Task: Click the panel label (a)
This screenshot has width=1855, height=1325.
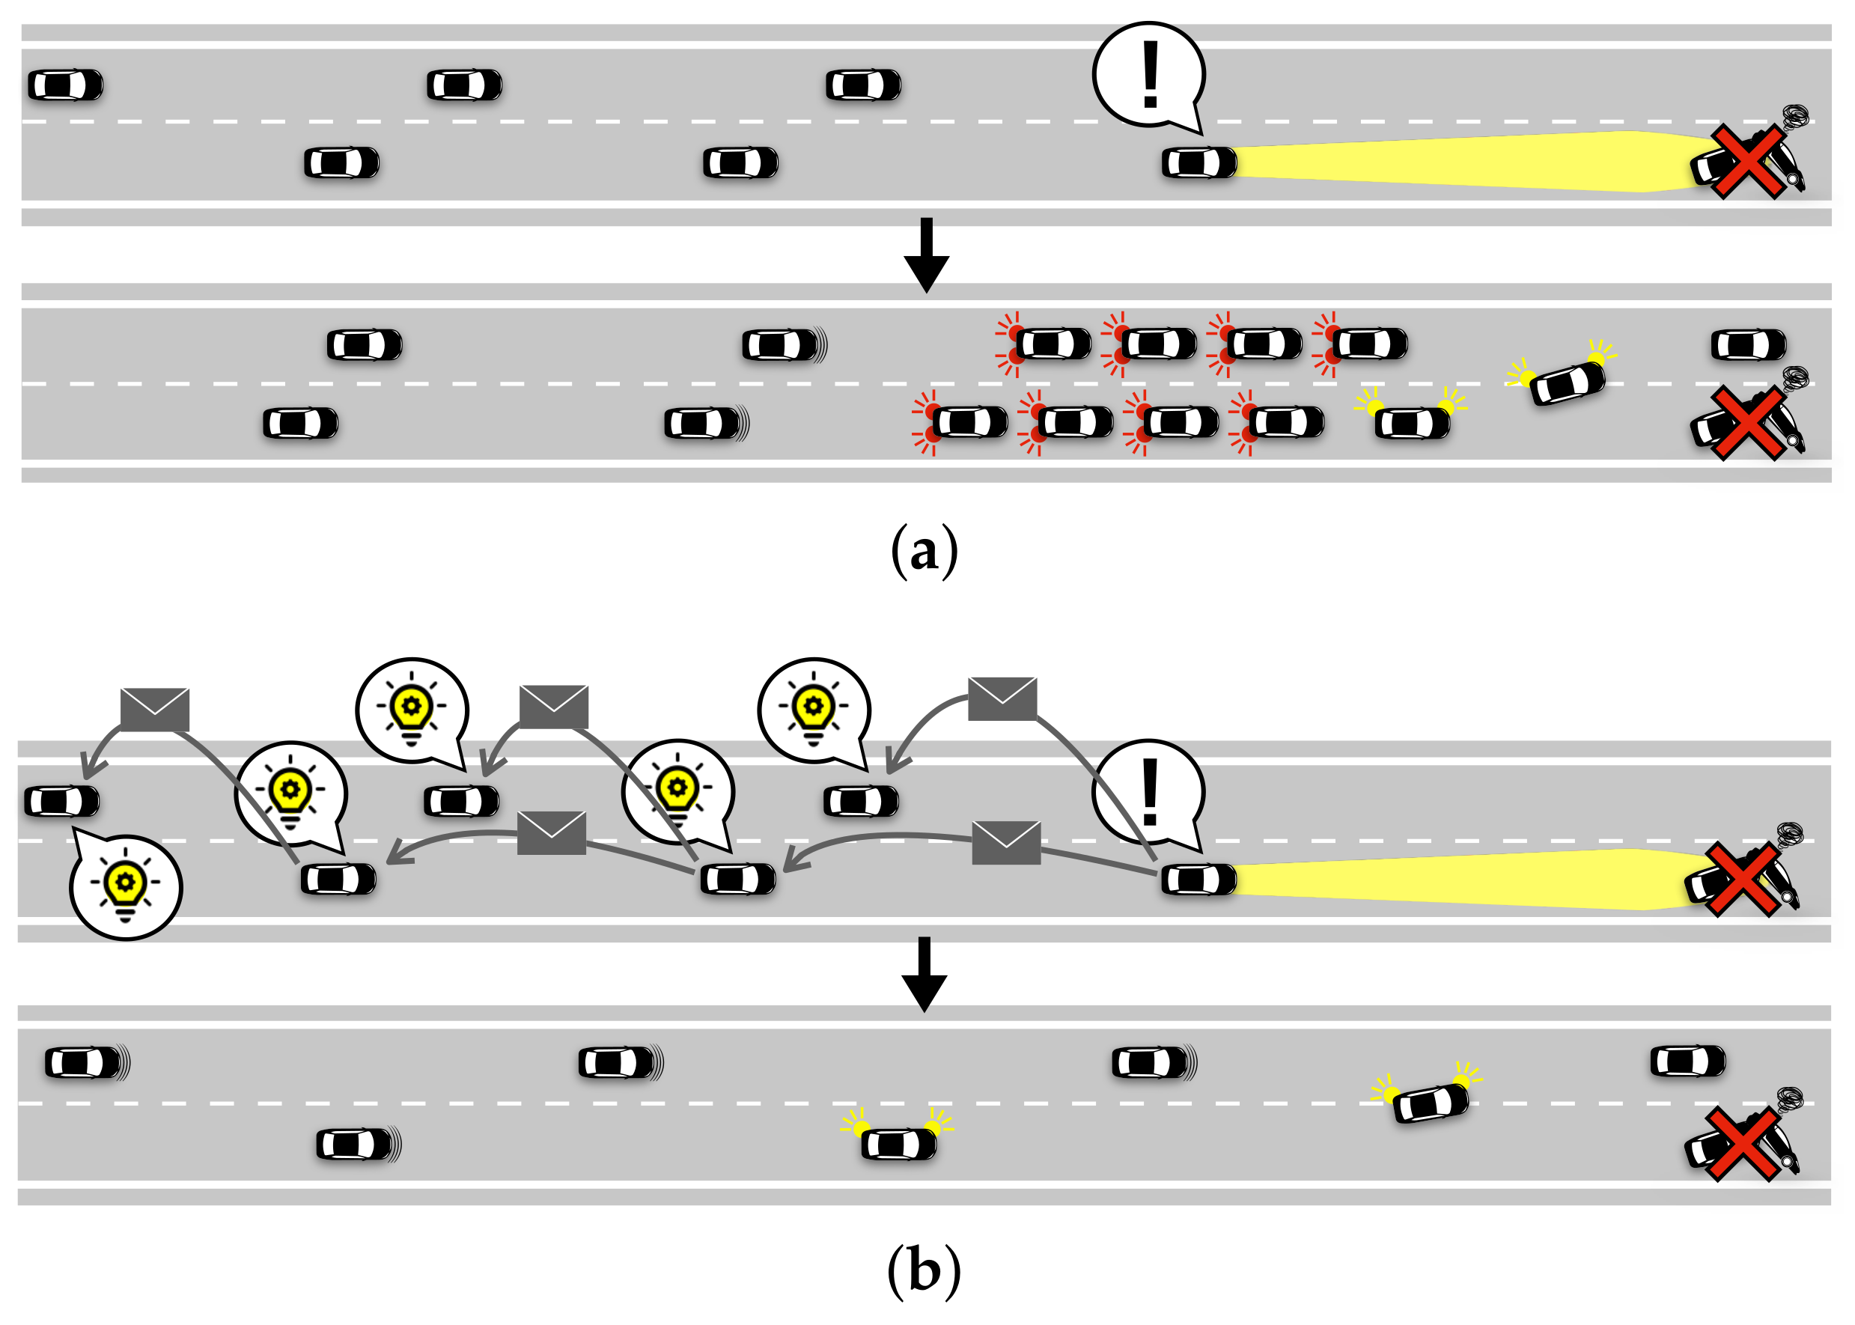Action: coord(924,552)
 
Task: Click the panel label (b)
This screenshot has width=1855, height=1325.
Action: coord(924,1271)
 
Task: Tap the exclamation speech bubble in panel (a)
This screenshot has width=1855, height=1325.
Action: coord(1148,75)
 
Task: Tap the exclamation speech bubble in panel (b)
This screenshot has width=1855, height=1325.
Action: coord(1148,793)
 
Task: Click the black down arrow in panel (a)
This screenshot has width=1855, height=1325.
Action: coord(926,255)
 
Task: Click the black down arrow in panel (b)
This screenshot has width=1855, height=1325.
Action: coord(924,973)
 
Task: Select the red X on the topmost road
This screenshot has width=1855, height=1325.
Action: coord(1746,162)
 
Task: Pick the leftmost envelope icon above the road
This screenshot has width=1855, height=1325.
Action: coord(155,709)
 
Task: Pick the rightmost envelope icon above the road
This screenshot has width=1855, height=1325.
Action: coord(1002,698)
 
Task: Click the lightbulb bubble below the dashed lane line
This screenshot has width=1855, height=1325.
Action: coord(126,887)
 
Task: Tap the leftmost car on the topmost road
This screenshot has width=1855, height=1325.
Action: coord(65,85)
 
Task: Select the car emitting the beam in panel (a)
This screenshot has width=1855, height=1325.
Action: coord(1199,162)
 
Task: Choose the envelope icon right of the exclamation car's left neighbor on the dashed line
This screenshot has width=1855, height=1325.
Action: coord(1006,843)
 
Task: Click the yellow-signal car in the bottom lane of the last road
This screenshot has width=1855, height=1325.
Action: coord(898,1143)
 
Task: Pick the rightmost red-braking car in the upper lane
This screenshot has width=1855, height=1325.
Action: coord(1369,344)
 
